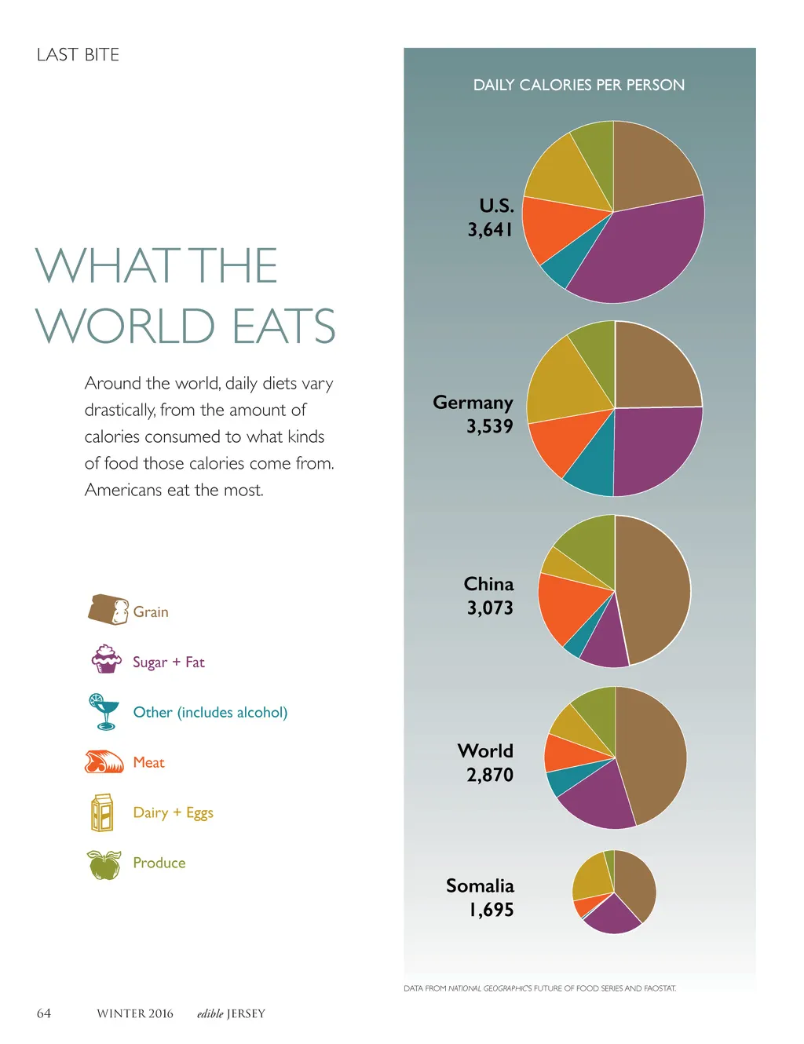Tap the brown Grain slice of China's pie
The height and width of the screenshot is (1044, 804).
(656, 589)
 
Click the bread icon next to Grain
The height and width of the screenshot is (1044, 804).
(108, 609)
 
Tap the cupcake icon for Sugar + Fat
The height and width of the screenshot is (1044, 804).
(106, 659)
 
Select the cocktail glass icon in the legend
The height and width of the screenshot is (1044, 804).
(103, 711)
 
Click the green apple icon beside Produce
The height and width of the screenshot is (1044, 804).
(104, 864)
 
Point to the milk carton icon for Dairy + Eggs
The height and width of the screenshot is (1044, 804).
(102, 812)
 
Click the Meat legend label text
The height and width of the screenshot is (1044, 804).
(148, 762)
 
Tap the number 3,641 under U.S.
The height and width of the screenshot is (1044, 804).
(490, 230)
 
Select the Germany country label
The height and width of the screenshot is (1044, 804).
(473, 403)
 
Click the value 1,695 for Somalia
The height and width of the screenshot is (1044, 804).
(492, 910)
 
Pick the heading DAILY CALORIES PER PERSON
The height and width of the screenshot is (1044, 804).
(579, 85)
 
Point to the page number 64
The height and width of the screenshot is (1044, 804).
(44, 1013)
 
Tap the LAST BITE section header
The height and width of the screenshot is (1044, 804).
(78, 55)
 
